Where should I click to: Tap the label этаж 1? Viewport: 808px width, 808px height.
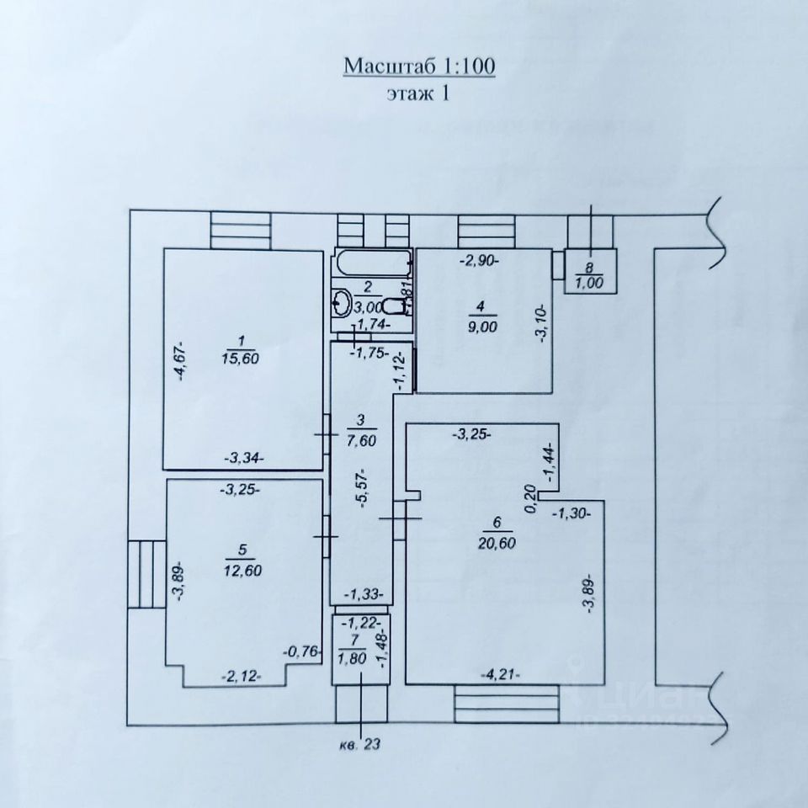(x=417, y=93)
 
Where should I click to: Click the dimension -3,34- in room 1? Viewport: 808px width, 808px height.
(x=244, y=458)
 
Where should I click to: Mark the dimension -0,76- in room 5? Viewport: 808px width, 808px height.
(x=300, y=651)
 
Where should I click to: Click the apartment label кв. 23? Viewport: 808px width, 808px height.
(x=361, y=743)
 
